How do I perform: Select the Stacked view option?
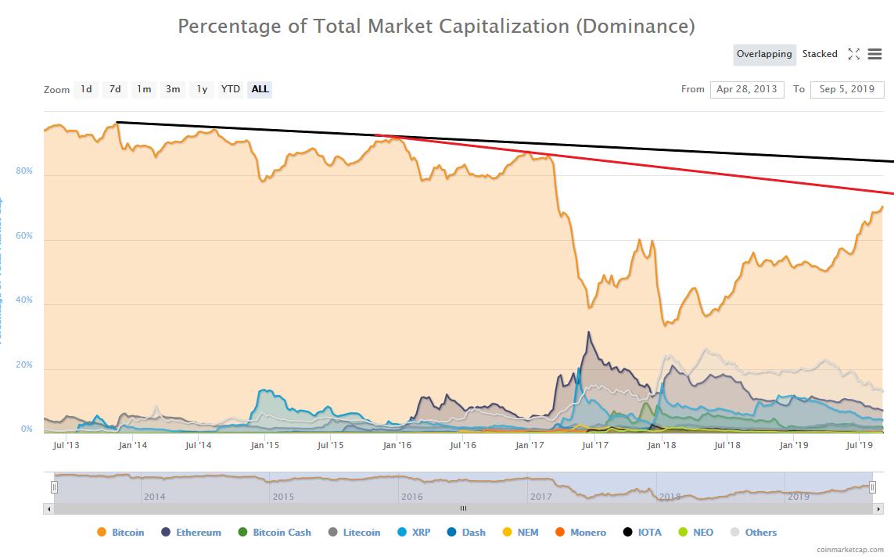820,54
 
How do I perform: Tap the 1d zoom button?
86,89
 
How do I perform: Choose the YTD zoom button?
230,89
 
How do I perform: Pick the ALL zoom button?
260,89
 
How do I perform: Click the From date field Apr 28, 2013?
746,89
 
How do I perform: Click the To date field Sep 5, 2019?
846,89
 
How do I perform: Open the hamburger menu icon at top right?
874,54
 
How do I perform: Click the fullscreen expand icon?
853,54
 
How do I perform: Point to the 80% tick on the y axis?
23,171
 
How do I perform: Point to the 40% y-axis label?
23,300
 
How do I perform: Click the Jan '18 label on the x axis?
662,445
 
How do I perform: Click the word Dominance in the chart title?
634,26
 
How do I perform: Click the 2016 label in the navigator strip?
411,497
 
